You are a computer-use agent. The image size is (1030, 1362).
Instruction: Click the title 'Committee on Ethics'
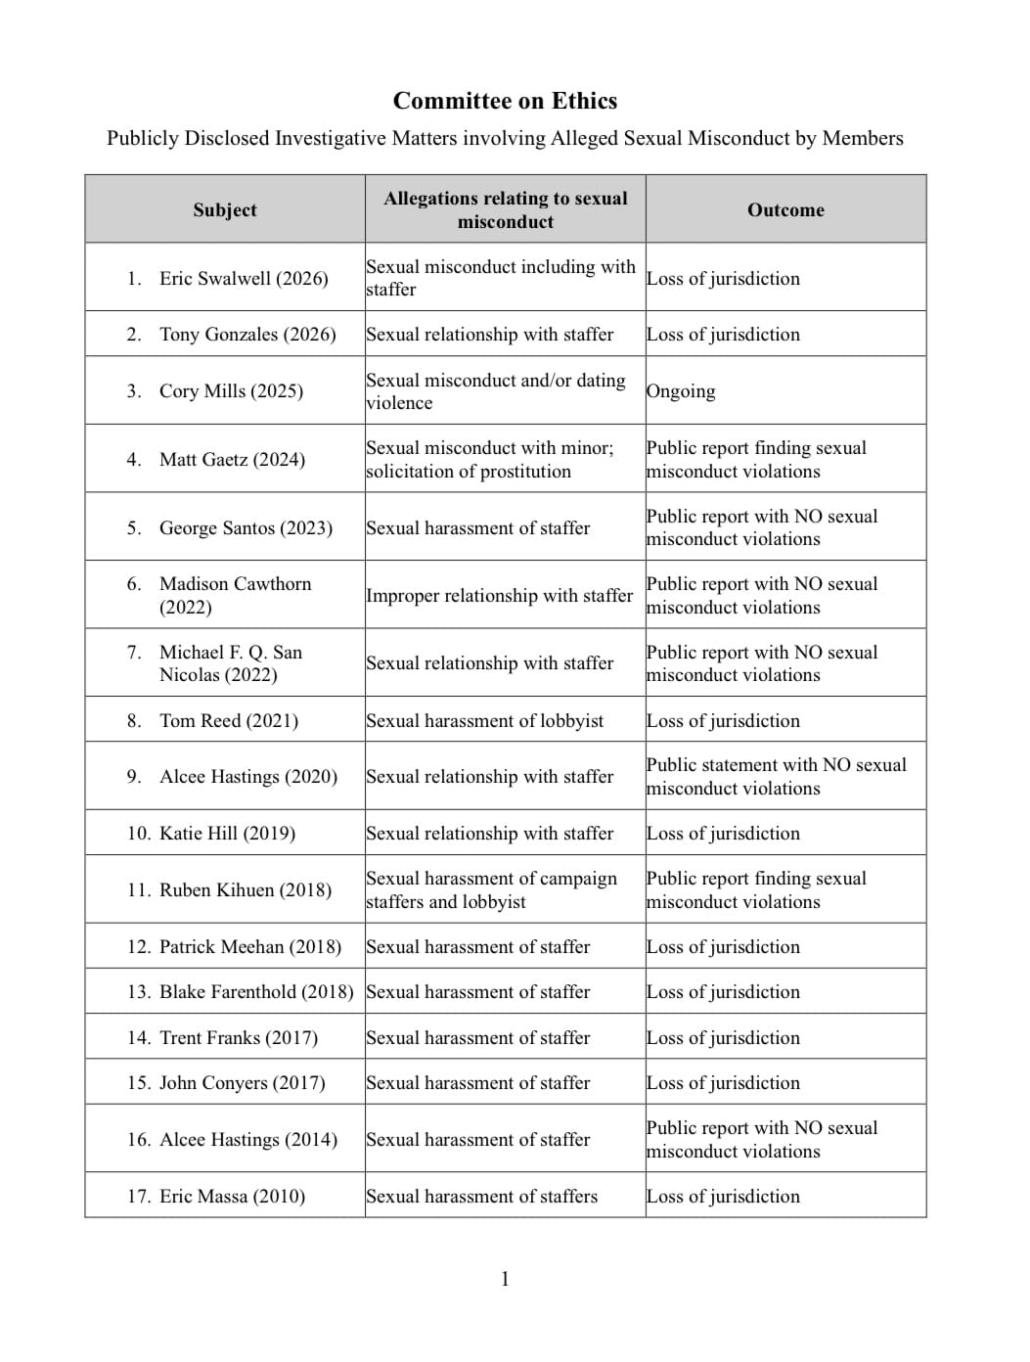505,101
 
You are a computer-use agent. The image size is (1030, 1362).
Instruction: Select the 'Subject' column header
224,209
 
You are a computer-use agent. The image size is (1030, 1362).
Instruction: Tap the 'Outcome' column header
785,209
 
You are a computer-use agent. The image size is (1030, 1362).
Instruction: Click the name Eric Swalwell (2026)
243,278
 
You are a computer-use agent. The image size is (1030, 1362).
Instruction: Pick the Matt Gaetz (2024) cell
232,459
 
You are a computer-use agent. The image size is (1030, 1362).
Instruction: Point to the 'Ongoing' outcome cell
681,390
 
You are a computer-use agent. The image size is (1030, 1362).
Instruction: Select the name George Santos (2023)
246,527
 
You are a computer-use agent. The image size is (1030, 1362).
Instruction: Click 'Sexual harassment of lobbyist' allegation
485,720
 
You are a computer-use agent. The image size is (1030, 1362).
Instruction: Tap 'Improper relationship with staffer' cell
500,595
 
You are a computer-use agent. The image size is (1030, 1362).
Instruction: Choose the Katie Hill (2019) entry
227,833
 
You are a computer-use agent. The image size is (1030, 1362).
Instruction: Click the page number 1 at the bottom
505,1279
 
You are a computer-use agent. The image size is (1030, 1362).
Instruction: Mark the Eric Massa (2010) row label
232,1196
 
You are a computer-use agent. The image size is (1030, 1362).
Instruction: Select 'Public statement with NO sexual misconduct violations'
777,776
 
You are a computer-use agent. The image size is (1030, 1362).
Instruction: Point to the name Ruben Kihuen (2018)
245,889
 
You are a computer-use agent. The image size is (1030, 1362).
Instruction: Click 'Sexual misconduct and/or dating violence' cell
496,390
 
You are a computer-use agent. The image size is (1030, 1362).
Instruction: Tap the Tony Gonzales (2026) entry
247,334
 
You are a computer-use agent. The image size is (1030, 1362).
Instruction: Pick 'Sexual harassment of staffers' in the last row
481,1196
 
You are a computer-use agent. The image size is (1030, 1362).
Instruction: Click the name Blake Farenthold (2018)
255,991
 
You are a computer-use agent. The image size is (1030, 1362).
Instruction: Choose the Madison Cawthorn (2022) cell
235,595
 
